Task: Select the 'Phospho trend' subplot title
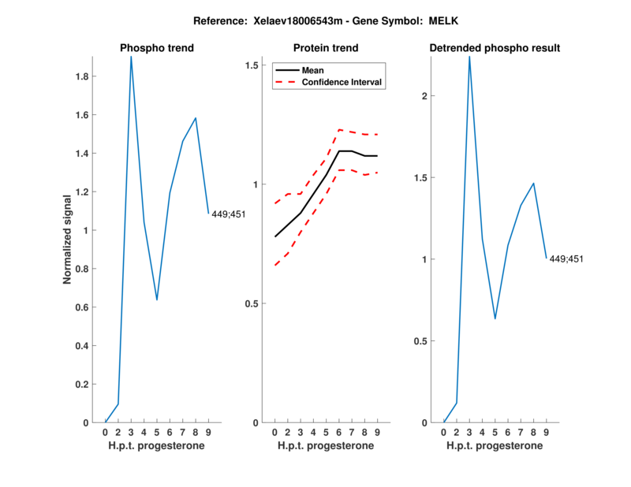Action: [x=157, y=48]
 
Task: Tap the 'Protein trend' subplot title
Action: [x=326, y=48]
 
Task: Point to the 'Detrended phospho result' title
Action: [x=495, y=48]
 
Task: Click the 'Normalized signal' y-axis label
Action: [x=68, y=239]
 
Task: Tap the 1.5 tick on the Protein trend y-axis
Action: [x=252, y=65]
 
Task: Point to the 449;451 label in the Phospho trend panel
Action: [x=228, y=214]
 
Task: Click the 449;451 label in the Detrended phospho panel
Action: [x=566, y=258]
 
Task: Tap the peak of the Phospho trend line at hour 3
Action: [x=131, y=57]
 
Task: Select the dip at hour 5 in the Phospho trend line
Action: [x=157, y=299]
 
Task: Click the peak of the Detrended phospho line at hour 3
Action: [x=469, y=57]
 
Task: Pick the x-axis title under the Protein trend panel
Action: [x=326, y=446]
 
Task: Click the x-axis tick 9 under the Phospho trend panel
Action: [x=208, y=433]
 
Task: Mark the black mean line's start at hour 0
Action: [x=274, y=236]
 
